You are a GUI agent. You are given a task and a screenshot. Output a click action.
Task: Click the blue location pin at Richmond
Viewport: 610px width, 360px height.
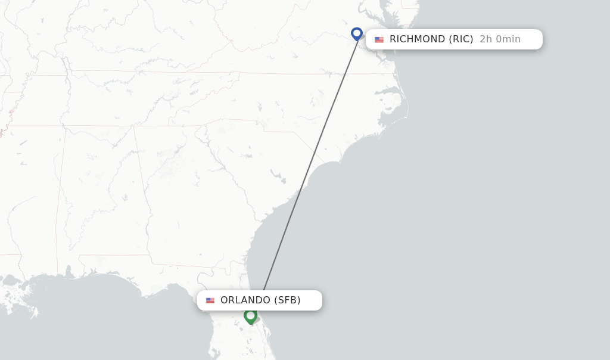click(357, 33)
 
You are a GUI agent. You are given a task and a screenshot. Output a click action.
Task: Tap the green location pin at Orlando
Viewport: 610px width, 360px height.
click(250, 316)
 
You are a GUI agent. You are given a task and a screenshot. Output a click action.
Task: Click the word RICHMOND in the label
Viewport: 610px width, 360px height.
click(417, 39)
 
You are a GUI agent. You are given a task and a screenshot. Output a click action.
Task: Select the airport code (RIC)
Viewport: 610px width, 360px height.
click(461, 39)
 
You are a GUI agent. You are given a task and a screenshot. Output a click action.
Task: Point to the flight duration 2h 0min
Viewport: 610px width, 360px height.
click(500, 39)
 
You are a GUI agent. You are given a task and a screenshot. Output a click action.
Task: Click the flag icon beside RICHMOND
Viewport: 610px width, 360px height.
click(379, 39)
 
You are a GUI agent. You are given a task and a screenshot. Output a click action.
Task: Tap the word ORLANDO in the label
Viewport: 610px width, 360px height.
click(245, 300)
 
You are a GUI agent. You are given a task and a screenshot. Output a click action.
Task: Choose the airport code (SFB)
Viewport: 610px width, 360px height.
click(287, 300)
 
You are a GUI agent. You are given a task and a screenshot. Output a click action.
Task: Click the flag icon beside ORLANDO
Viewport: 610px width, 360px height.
click(210, 300)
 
